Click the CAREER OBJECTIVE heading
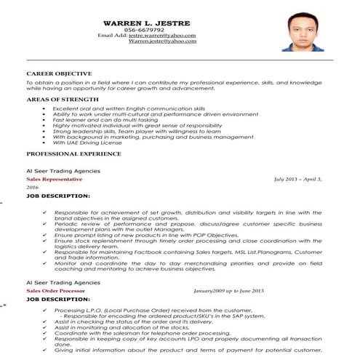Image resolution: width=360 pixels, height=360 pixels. (x=59, y=73)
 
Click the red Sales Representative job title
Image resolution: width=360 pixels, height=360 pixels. (x=52, y=178)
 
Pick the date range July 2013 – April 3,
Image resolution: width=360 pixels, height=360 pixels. (x=297, y=178)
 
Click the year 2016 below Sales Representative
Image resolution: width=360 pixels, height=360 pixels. (x=32, y=187)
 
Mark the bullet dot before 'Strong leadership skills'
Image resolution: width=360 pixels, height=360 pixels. (x=45, y=130)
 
